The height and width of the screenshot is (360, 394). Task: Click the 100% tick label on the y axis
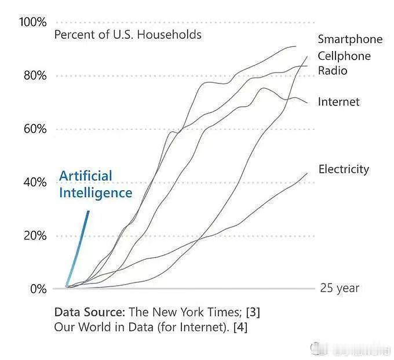click(32, 22)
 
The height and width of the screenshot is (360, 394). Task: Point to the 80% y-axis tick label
click(34, 76)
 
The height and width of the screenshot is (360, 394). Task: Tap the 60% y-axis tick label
click(34, 129)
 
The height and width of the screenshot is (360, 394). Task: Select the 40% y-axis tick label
click(34, 182)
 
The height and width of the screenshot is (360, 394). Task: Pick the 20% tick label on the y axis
click(34, 235)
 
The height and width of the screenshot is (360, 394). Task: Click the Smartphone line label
click(350, 39)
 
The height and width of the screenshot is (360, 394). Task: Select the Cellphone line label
click(344, 56)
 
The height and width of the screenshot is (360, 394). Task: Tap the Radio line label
click(333, 71)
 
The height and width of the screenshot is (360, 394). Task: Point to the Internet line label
click(338, 102)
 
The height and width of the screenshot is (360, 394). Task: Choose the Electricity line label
click(344, 169)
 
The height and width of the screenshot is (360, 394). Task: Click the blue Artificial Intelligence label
click(96, 184)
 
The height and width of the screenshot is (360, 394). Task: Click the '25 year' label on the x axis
click(340, 288)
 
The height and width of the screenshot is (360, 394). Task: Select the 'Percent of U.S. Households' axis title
click(127, 35)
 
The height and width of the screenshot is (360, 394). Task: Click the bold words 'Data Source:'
click(90, 312)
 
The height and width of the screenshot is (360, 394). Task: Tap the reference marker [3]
click(253, 312)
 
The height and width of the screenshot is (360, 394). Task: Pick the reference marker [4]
click(240, 327)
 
